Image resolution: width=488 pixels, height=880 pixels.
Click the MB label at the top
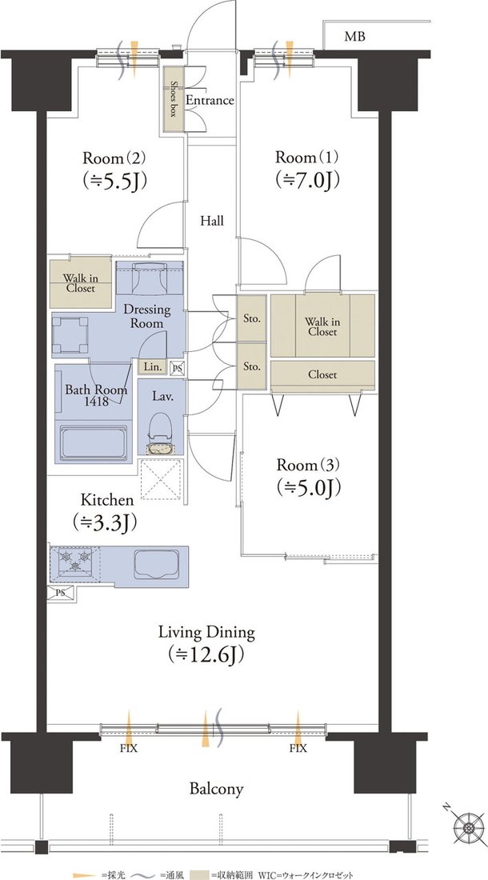pos(354,38)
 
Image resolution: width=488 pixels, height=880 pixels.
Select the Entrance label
pos(210,101)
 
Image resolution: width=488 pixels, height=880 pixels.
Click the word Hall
pos(212,221)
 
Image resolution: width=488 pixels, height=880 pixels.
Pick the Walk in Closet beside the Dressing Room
pos(81,283)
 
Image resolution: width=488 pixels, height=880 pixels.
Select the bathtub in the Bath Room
pos(94,443)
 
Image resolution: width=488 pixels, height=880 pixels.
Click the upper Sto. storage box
pos(251,318)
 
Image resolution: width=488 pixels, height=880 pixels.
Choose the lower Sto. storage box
pos(251,366)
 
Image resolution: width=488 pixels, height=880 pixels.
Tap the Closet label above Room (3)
pos(322,375)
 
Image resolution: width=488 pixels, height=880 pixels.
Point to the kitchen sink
pos(155,563)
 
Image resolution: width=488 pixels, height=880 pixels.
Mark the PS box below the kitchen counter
pos(61,594)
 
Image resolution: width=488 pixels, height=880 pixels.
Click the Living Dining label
pos(206,633)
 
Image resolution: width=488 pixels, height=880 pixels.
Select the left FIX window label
pos(129,749)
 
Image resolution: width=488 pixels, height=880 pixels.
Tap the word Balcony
pos(217,789)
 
